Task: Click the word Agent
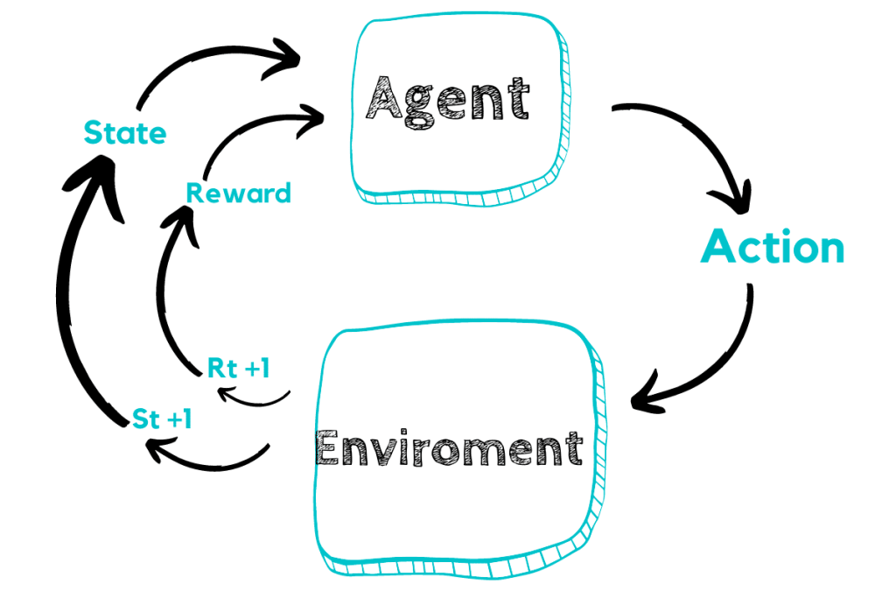pyautogui.click(x=446, y=100)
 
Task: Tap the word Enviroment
pyautogui.click(x=449, y=449)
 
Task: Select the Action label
pyautogui.click(x=773, y=248)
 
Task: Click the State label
pyautogui.click(x=124, y=134)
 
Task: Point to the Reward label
pyautogui.click(x=238, y=193)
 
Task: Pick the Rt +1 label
pyautogui.click(x=238, y=369)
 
